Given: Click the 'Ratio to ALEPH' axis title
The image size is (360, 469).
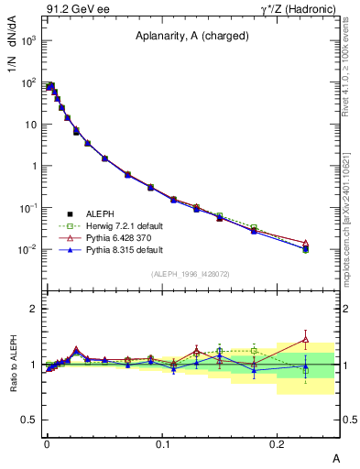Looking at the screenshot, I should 15,364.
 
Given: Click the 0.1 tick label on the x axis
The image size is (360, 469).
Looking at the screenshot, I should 162,443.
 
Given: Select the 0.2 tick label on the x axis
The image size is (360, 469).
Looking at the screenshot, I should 278,443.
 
